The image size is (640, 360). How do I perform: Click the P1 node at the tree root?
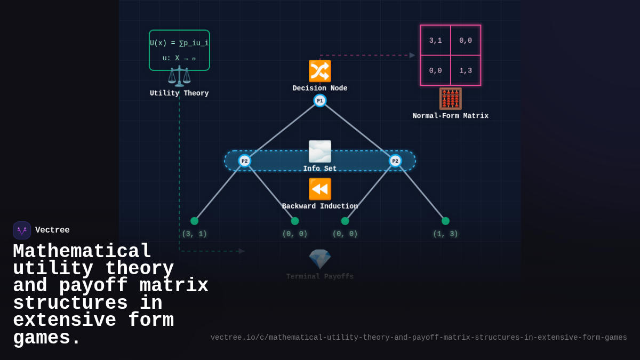click(320, 100)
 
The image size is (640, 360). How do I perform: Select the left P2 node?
click(244, 161)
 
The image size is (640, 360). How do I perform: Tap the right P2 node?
click(395, 161)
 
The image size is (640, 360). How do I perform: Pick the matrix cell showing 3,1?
click(435, 41)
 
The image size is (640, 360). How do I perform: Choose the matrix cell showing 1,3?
click(466, 70)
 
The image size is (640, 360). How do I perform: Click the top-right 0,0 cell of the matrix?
click(466, 41)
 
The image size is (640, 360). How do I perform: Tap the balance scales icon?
click(179, 76)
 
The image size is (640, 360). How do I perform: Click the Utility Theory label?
click(179, 93)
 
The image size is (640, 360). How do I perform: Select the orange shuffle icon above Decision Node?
click(320, 71)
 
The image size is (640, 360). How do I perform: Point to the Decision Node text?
click(320, 89)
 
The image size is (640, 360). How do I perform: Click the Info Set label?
click(320, 169)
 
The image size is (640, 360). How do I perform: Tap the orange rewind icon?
click(320, 189)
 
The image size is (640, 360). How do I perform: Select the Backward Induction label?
click(320, 206)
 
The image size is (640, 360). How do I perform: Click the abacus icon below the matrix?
click(450, 99)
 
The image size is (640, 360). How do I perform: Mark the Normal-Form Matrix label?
click(450, 116)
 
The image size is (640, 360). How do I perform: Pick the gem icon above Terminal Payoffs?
click(320, 259)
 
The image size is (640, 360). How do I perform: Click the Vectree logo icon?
click(22, 230)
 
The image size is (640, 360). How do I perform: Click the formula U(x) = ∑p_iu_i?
click(179, 43)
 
